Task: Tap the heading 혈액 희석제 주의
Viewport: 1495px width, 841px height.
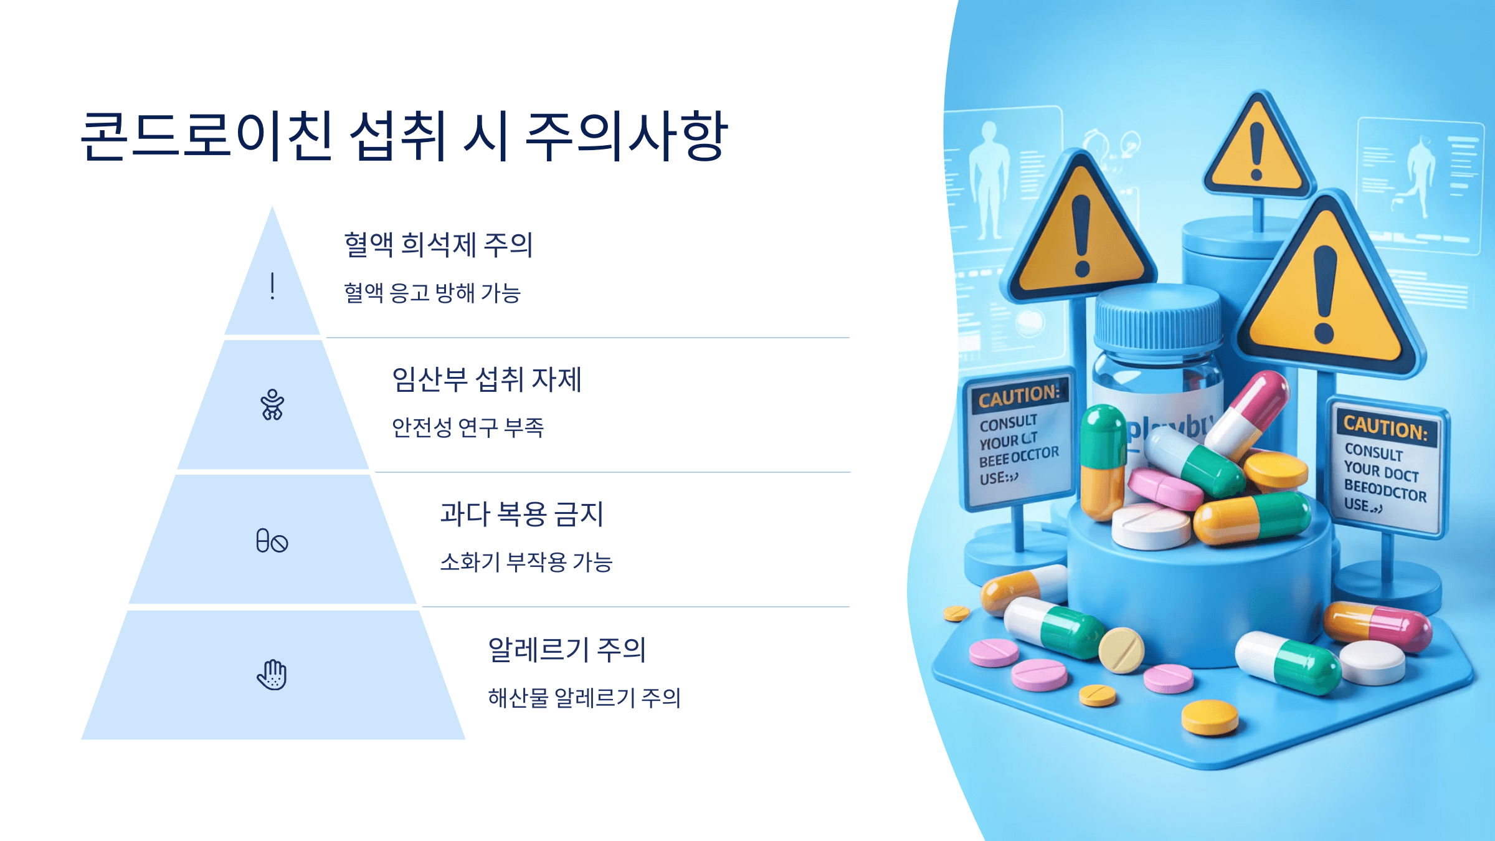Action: (x=438, y=244)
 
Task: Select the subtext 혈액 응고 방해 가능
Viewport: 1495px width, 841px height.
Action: (x=432, y=293)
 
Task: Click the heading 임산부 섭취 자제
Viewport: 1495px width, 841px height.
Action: (x=486, y=379)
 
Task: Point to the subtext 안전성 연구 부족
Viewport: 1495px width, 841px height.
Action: (x=467, y=427)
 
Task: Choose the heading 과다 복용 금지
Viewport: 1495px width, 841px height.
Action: (x=521, y=515)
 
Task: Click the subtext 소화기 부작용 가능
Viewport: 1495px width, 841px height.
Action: (x=526, y=562)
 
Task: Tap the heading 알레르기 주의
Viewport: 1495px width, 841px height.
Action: (x=566, y=650)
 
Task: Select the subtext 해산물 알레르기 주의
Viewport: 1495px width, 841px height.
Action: (x=584, y=698)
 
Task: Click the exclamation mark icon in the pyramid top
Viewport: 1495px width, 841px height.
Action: (x=272, y=286)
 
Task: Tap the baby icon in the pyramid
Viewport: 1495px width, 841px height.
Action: (x=272, y=405)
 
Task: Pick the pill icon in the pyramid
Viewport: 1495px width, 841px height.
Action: (x=272, y=541)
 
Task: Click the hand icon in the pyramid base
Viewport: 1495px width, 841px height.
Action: (x=272, y=675)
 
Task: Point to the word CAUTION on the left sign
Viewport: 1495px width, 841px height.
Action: (x=1018, y=396)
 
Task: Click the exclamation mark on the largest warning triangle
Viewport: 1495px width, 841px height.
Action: (x=1324, y=293)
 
